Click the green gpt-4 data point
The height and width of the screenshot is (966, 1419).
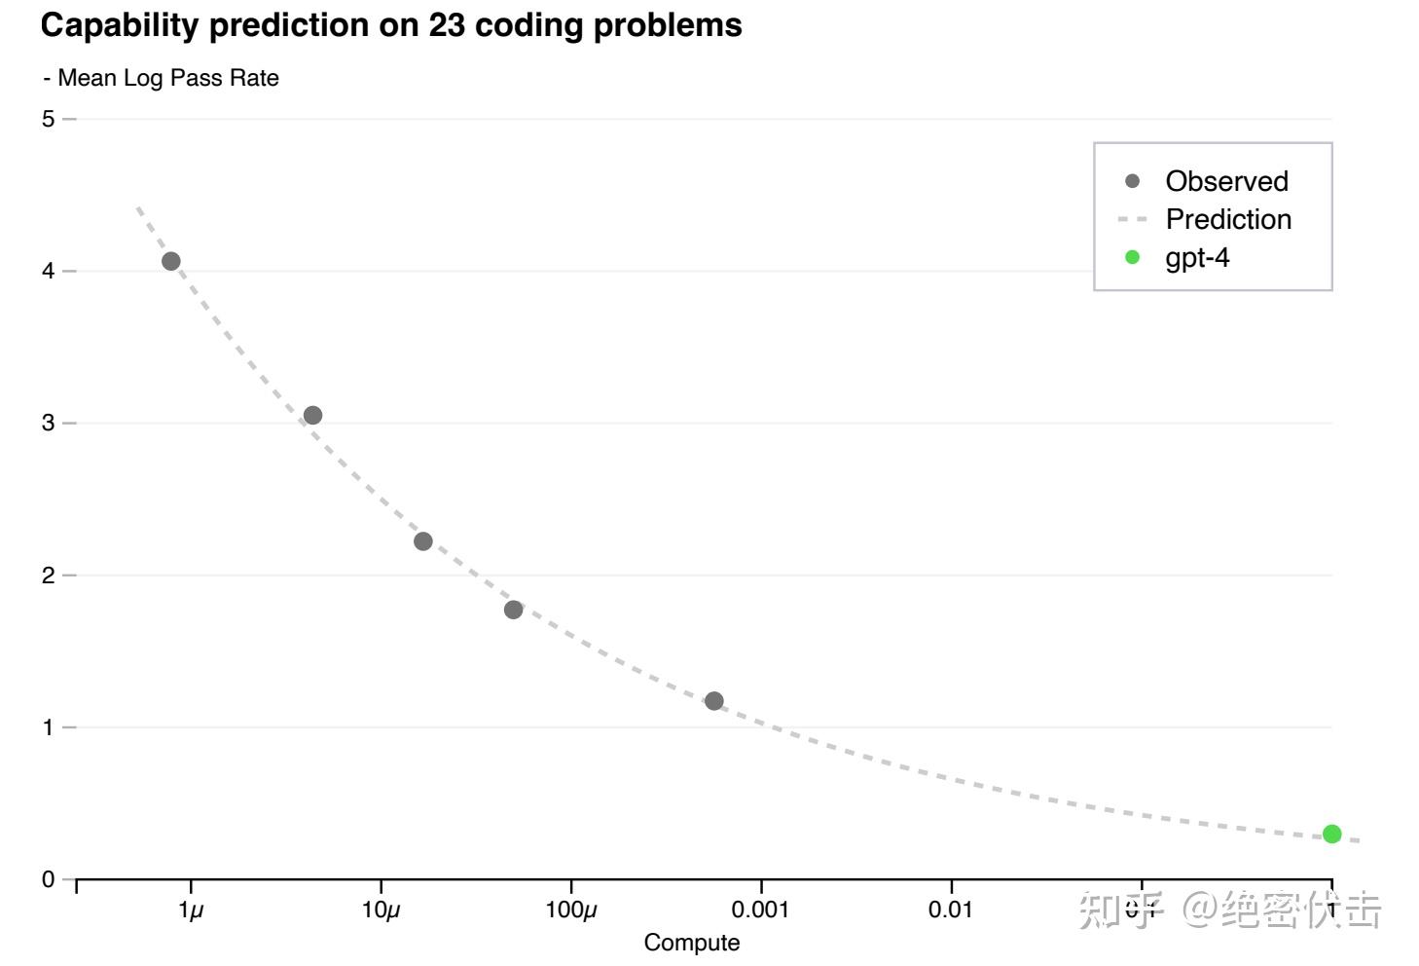(1331, 834)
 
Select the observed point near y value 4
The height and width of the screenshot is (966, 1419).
(171, 261)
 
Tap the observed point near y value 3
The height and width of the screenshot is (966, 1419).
(312, 416)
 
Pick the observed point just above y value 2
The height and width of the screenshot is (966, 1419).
(422, 541)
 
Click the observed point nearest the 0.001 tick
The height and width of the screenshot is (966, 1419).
(713, 701)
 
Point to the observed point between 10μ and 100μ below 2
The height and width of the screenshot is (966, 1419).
(513, 610)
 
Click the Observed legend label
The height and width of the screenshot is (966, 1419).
(1226, 181)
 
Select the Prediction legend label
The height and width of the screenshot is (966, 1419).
(1228, 219)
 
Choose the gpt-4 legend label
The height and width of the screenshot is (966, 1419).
(1197, 257)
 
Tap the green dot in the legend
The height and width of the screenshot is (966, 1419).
(1132, 257)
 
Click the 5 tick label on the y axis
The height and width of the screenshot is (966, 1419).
(48, 119)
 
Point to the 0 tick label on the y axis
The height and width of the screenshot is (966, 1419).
(48, 879)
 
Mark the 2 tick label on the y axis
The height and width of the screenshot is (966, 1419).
(48, 576)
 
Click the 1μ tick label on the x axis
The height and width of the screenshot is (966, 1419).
(191, 910)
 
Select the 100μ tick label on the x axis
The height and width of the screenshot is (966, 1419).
(571, 910)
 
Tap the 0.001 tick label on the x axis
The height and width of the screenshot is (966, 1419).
(760, 910)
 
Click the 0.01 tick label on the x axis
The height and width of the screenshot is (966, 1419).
(950, 910)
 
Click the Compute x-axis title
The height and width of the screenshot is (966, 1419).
(691, 943)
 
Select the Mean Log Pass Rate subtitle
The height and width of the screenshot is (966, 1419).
(167, 78)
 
